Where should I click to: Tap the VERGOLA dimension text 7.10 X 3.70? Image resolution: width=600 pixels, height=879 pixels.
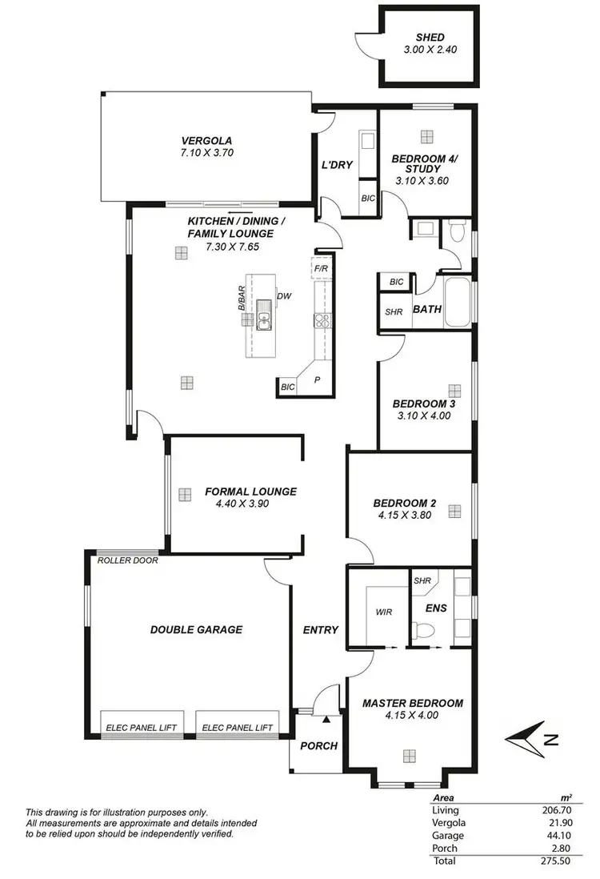206,152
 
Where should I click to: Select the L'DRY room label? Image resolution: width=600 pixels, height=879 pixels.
338,165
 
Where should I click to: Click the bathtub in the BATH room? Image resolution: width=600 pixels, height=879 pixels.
458,302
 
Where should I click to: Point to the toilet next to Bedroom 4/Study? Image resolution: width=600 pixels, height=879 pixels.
457,231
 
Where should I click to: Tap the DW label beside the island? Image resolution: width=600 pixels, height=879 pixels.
283,296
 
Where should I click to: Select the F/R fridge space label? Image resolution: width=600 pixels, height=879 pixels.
322,268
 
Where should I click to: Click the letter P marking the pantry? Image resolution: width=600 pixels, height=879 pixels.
317,380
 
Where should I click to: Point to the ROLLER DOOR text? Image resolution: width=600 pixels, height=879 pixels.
127,560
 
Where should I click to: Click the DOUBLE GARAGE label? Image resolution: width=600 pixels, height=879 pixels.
196,630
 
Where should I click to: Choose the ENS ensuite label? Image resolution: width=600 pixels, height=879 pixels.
436,608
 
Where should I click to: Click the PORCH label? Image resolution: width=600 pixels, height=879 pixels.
318,745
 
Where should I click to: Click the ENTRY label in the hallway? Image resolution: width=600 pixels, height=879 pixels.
320,630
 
